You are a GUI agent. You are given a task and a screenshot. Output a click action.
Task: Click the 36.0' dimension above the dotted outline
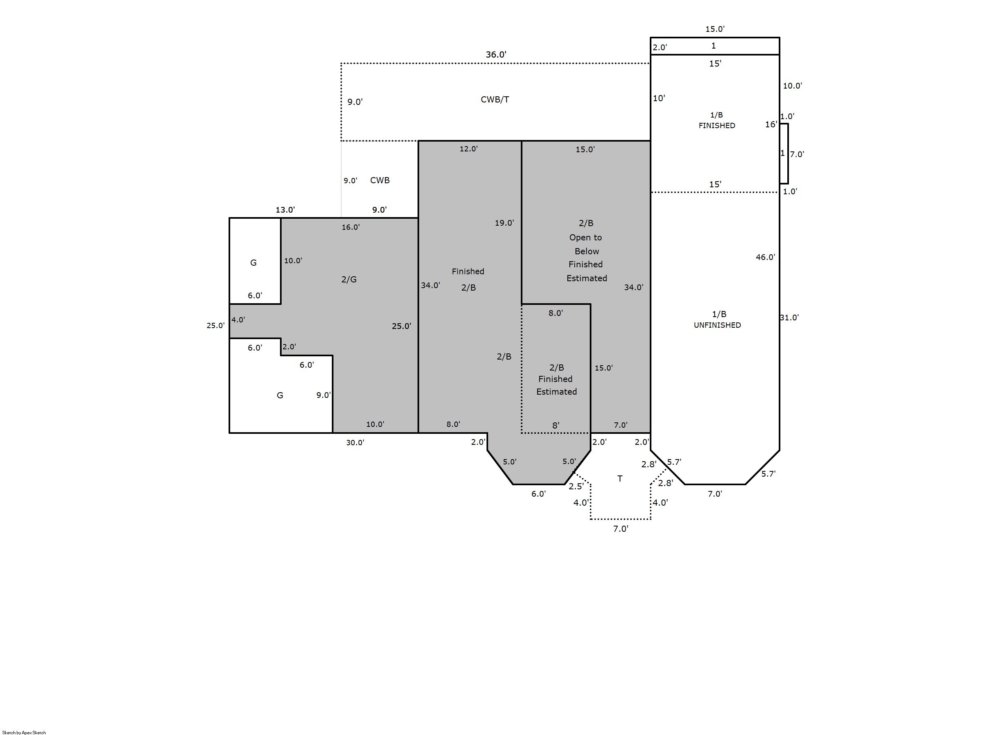(495, 54)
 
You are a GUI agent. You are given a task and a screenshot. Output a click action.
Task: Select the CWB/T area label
(495, 99)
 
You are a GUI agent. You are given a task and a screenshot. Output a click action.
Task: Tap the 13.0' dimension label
(285, 209)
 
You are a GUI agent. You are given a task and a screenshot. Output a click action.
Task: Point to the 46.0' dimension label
(765, 257)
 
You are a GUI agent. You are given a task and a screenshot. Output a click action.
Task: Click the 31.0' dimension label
(789, 317)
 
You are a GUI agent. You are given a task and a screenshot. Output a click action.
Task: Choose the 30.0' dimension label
(355, 442)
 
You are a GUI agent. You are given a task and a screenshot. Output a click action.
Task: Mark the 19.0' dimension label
(504, 222)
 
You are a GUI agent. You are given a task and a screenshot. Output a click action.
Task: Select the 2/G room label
(349, 280)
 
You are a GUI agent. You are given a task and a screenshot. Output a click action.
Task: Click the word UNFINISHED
(717, 325)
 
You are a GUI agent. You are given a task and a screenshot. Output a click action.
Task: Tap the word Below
(587, 251)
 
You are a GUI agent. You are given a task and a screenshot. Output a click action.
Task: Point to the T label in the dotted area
(620, 478)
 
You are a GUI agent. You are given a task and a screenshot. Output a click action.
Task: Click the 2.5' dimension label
(576, 486)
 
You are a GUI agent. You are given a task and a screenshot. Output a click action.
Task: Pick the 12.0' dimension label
(469, 149)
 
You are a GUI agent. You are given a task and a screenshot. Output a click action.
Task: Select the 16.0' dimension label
(351, 227)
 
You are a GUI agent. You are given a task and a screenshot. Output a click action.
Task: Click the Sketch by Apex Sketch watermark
(24, 732)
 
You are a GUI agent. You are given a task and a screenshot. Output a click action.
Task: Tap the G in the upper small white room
(253, 262)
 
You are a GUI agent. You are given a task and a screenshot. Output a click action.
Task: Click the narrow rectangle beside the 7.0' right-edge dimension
(784, 153)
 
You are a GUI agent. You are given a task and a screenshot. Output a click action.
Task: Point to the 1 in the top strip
(714, 45)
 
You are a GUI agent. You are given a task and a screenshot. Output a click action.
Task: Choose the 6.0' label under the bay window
(538, 493)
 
